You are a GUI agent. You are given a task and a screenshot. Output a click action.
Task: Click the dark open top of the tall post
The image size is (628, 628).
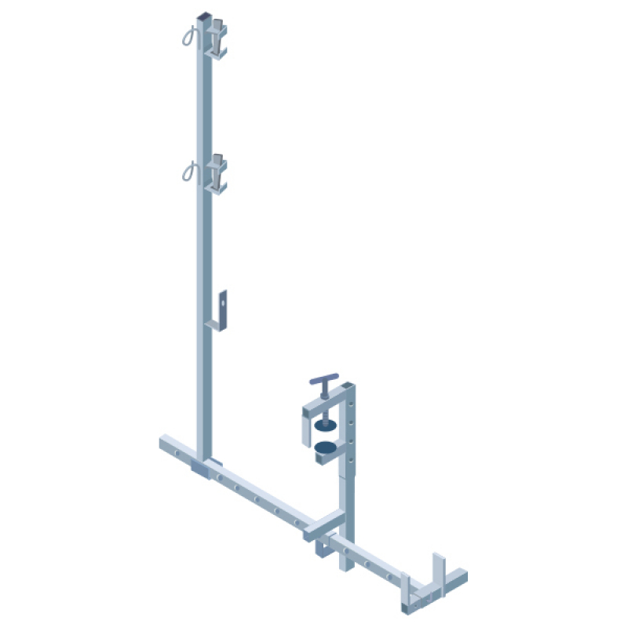coord(203,16)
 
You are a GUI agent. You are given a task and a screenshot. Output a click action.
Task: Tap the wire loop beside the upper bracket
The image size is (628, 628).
coord(188,36)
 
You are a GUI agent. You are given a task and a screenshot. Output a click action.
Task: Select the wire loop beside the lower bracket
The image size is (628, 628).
coord(188,170)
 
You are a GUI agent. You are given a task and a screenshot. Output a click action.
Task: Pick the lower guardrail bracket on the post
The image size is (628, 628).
coord(217,174)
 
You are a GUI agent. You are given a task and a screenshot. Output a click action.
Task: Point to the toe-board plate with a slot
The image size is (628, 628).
coord(224,307)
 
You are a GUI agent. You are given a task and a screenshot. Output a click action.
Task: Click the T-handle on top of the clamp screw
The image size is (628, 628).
coord(323,380)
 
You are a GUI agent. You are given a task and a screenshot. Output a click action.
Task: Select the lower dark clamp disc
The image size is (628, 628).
coord(324,449)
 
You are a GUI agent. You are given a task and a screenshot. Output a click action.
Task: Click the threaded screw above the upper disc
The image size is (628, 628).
coord(323,404)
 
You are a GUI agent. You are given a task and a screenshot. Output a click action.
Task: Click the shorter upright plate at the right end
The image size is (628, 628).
coord(406,592)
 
